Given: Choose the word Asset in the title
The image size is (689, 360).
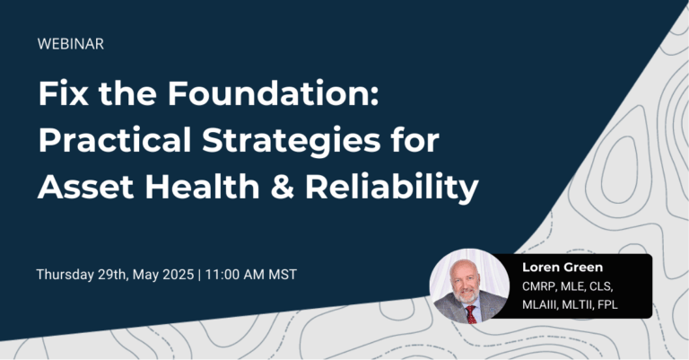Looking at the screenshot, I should [x=84, y=189].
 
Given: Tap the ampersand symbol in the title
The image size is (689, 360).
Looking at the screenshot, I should [x=295, y=189].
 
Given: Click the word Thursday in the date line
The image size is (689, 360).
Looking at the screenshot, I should [x=67, y=274].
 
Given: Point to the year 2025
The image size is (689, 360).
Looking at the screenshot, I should [x=179, y=274].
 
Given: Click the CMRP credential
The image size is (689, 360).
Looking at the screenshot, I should [x=540, y=286].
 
